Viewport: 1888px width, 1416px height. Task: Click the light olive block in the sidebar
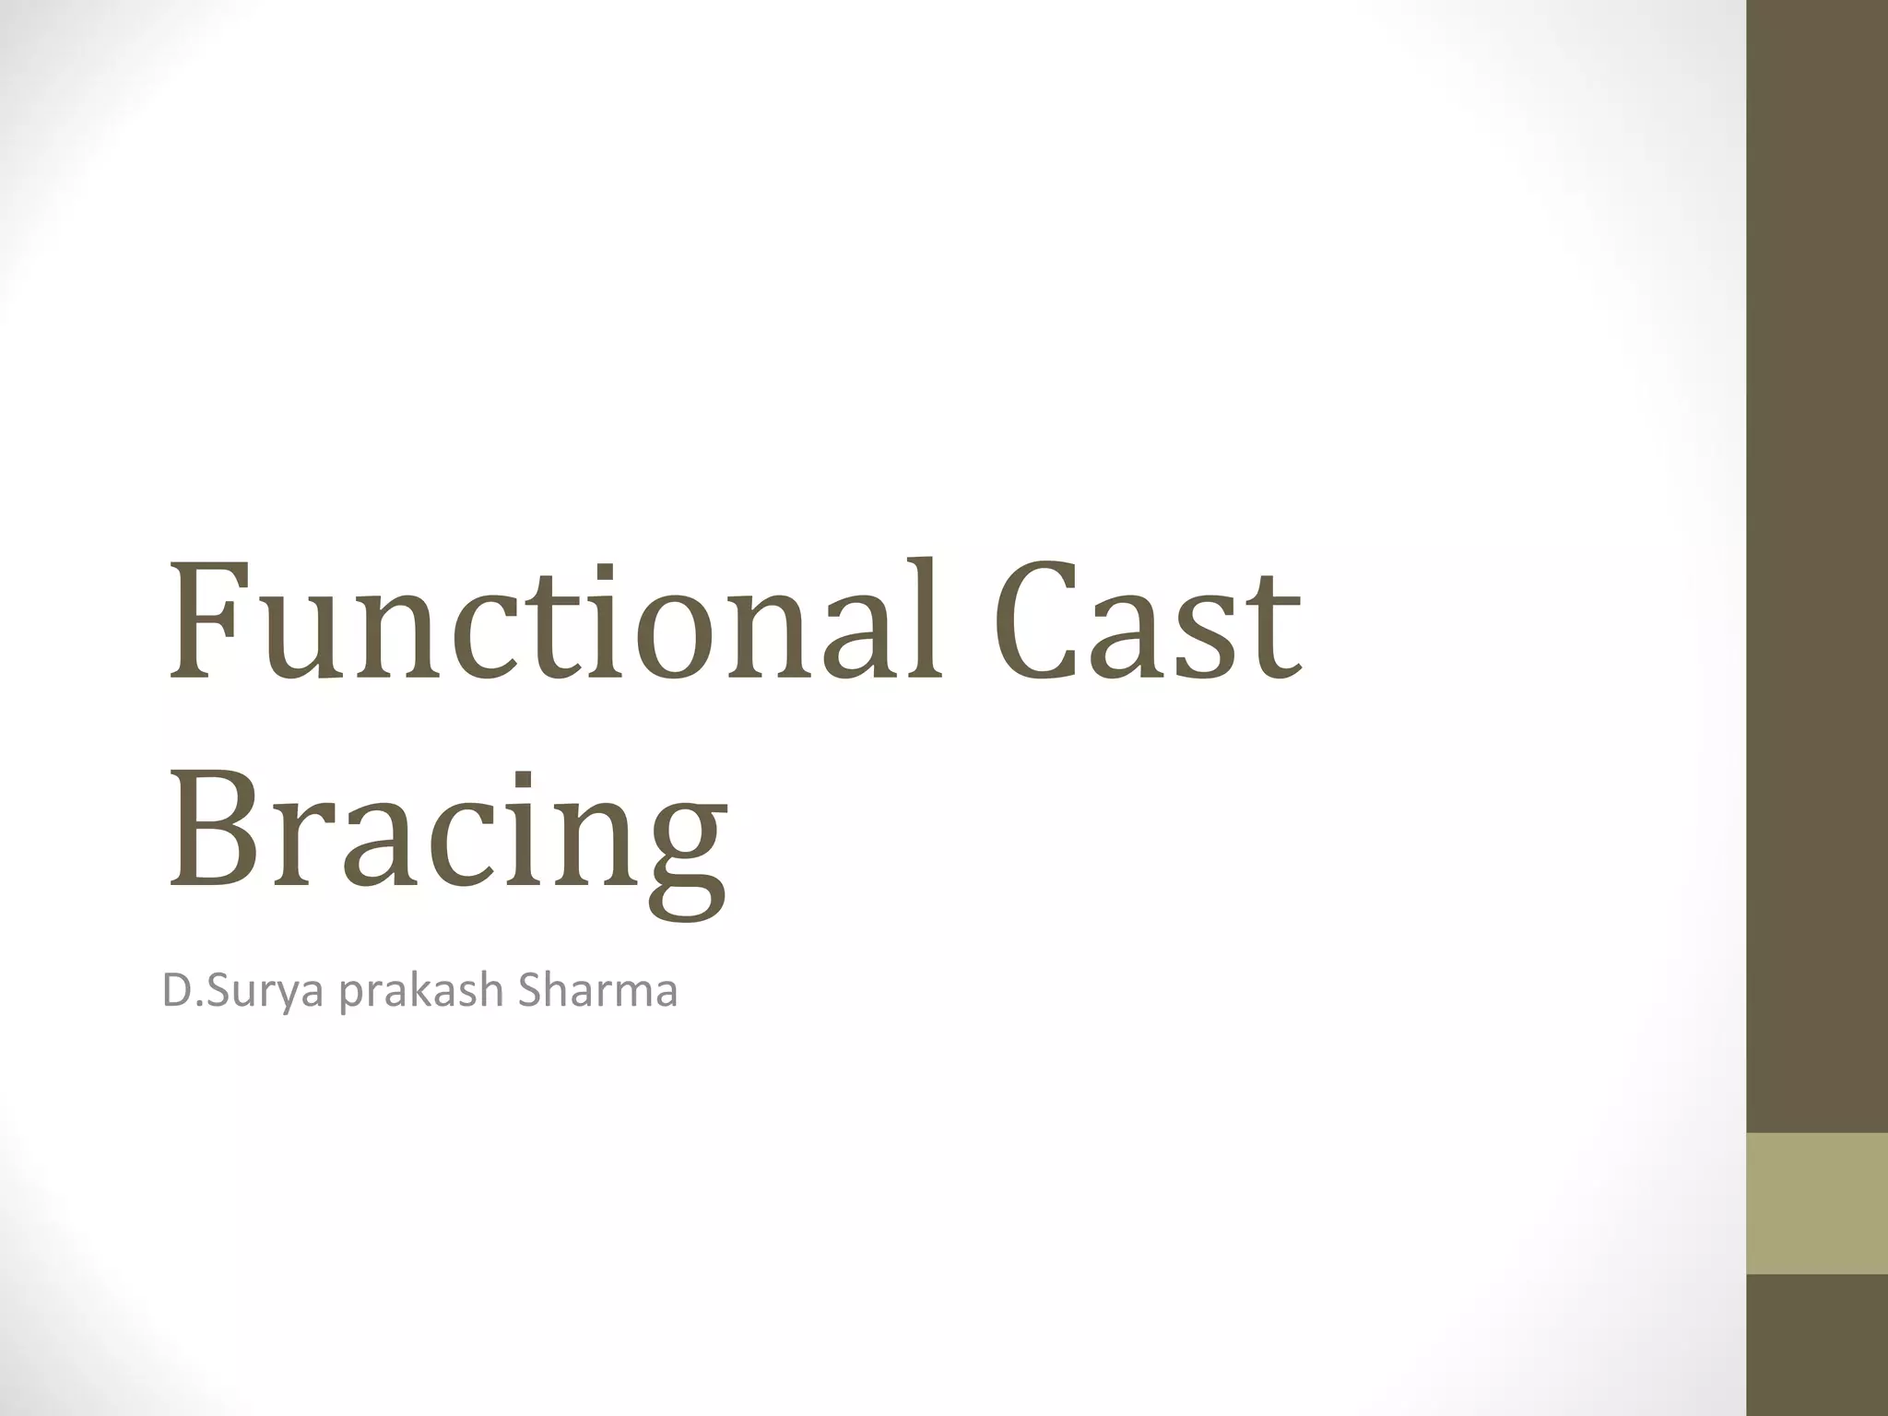tap(1816, 1203)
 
